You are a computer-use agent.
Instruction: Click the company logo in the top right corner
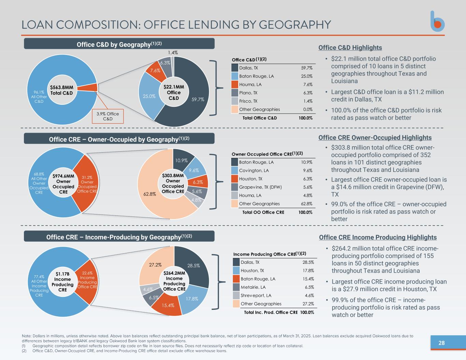437,21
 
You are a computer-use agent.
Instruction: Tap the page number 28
441,343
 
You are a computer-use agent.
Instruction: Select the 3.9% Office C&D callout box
108,116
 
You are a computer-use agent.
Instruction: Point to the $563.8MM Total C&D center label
62,90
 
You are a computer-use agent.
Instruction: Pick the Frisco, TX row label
248,101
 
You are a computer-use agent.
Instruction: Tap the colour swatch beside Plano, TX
235,93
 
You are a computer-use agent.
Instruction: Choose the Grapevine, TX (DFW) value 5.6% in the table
308,187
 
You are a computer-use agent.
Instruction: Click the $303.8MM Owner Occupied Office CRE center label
173,184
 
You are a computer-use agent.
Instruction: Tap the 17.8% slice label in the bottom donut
192,299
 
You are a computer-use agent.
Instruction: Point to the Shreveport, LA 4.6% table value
309,296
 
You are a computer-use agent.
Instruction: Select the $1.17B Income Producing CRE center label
62,282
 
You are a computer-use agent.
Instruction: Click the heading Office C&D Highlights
350,48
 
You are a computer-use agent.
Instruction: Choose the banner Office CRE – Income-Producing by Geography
119,237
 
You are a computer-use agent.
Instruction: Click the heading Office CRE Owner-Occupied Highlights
375,138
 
